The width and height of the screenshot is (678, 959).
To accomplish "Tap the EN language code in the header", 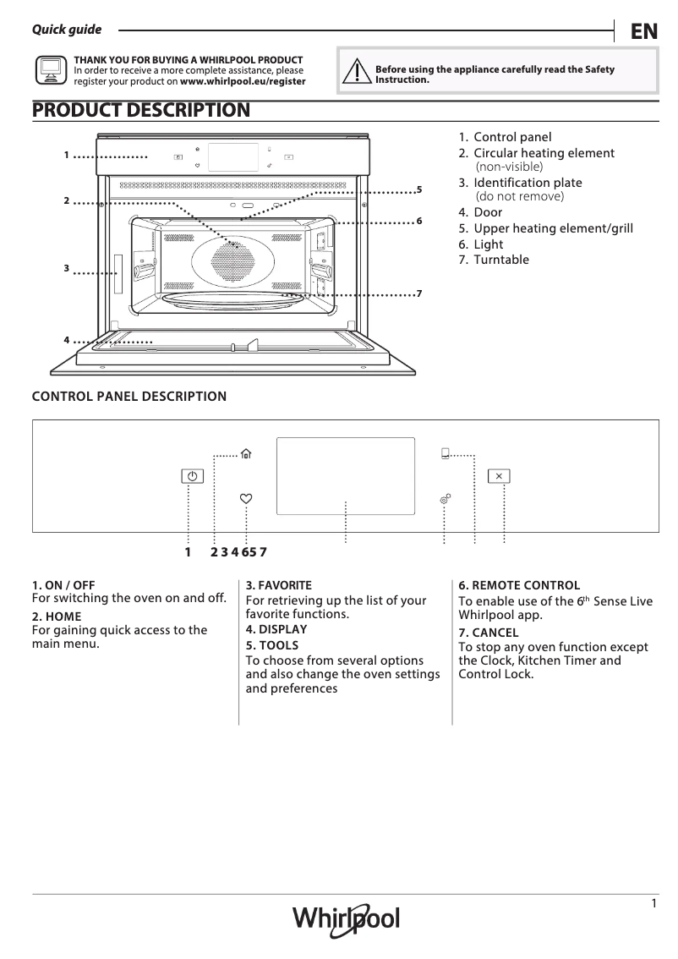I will pyautogui.click(x=643, y=32).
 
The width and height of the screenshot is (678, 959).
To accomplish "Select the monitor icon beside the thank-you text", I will pyautogui.click(x=50, y=71).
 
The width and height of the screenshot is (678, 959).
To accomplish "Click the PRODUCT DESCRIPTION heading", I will pyautogui.click(x=141, y=110).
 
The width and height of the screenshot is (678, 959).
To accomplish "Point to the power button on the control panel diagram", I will pyautogui.click(x=193, y=476).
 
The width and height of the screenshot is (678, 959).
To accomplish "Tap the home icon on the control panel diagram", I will pyautogui.click(x=246, y=454).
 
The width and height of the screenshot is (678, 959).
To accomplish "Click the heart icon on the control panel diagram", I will pyautogui.click(x=246, y=499).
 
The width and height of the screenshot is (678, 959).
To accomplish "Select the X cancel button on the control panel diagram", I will pyautogui.click(x=500, y=476).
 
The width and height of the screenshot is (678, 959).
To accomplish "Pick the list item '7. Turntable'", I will pyautogui.click(x=494, y=260).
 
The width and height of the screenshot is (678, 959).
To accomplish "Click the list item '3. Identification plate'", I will pyautogui.click(x=520, y=183).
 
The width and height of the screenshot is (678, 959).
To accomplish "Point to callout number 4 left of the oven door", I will pyautogui.click(x=66, y=339).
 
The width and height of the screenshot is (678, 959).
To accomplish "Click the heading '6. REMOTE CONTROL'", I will pyautogui.click(x=519, y=585).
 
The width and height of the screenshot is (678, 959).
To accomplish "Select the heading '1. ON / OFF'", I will pyautogui.click(x=63, y=585).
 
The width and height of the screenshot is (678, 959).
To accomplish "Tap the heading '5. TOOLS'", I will pyautogui.click(x=271, y=645).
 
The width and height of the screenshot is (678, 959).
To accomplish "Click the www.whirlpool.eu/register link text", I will pyautogui.click(x=243, y=82).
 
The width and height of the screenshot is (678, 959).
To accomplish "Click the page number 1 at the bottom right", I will pyautogui.click(x=654, y=904).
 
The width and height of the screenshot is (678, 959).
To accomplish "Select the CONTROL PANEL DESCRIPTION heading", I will pyautogui.click(x=128, y=396).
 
